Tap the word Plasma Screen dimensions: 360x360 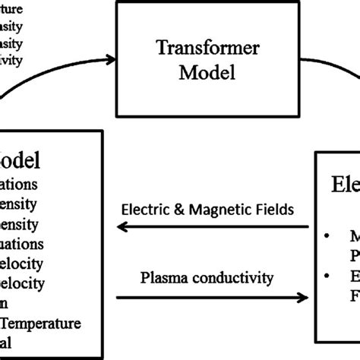[x=161, y=278]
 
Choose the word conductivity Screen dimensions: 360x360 [x=229, y=278]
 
